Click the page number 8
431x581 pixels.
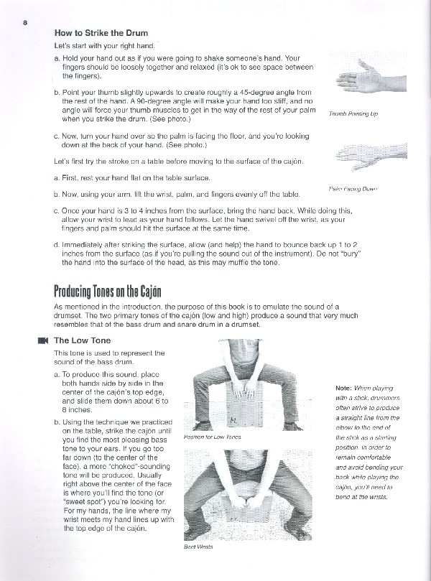tap(25, 22)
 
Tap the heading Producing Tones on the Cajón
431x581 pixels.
tap(108, 292)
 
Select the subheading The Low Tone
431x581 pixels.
tap(82, 340)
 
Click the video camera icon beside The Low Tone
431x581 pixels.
tap(42, 340)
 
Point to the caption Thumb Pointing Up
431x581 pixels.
tap(353, 113)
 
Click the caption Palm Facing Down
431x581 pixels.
tap(353, 189)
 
